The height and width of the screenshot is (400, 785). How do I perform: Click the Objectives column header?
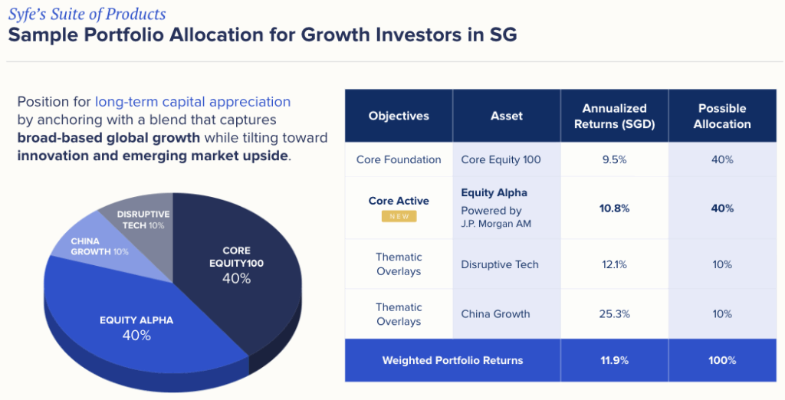399,116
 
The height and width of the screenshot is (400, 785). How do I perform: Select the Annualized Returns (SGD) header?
614,116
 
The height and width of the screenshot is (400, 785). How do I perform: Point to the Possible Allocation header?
722,116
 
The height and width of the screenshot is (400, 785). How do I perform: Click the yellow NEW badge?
399,217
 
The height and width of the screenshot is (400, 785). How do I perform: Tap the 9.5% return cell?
614,159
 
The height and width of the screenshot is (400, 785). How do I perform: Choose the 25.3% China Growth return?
614,313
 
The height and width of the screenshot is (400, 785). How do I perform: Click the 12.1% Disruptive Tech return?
614,264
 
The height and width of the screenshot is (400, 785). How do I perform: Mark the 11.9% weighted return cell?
614,360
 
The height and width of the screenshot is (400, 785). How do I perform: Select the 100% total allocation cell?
722,360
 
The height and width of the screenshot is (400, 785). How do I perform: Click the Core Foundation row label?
399,159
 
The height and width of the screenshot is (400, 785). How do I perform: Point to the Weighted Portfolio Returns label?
452,360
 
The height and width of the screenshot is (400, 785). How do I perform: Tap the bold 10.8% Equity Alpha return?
614,208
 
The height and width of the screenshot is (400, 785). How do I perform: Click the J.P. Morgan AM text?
497,224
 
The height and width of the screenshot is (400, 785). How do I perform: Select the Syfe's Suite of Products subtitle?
87,15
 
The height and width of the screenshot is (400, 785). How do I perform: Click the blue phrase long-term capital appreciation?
192,101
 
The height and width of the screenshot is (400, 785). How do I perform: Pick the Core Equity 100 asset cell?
501,159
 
